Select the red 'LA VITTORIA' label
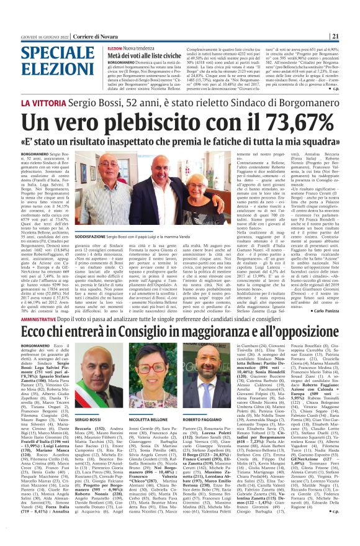coord(44,102)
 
